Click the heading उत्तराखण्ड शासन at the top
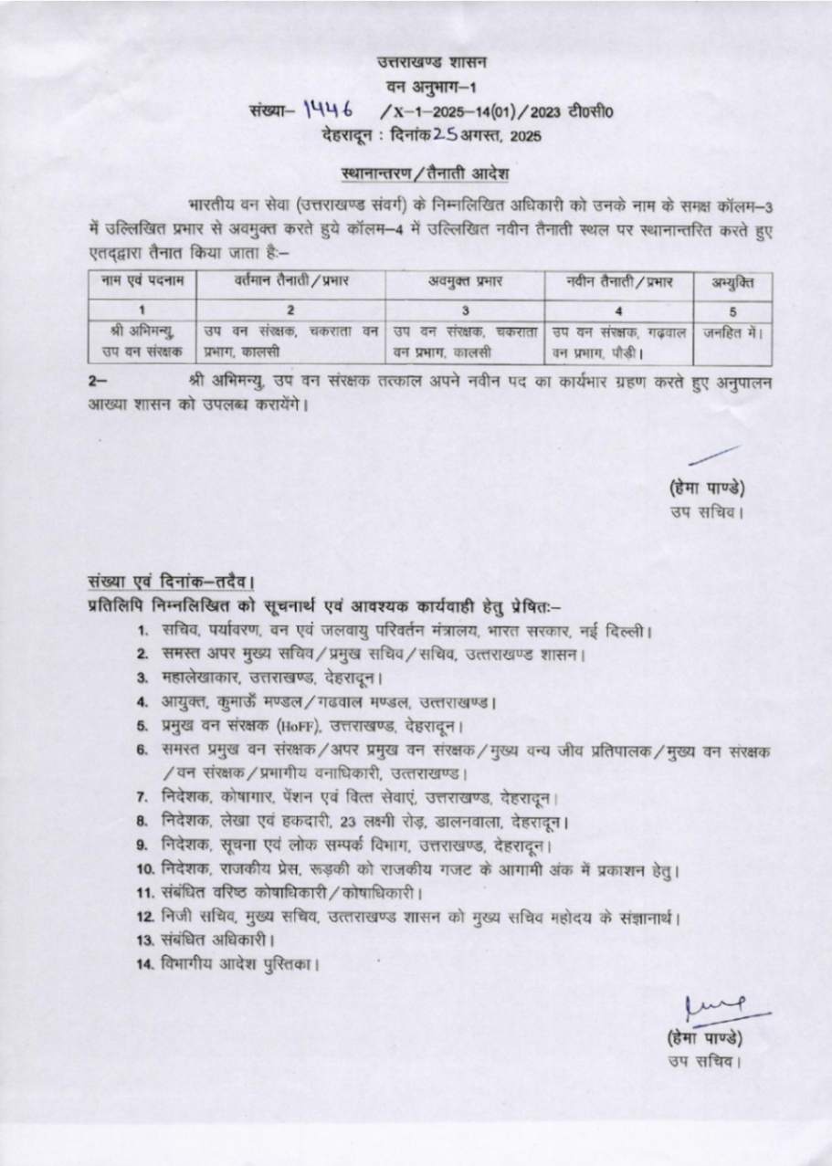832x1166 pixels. click(x=433, y=63)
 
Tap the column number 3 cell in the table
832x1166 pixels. click(x=465, y=310)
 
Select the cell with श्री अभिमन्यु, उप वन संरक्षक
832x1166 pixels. click(x=142, y=341)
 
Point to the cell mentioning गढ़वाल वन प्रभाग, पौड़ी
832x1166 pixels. click(x=620, y=341)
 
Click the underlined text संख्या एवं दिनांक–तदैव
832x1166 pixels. click(x=171, y=583)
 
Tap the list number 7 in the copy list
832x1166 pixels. click(x=142, y=798)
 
